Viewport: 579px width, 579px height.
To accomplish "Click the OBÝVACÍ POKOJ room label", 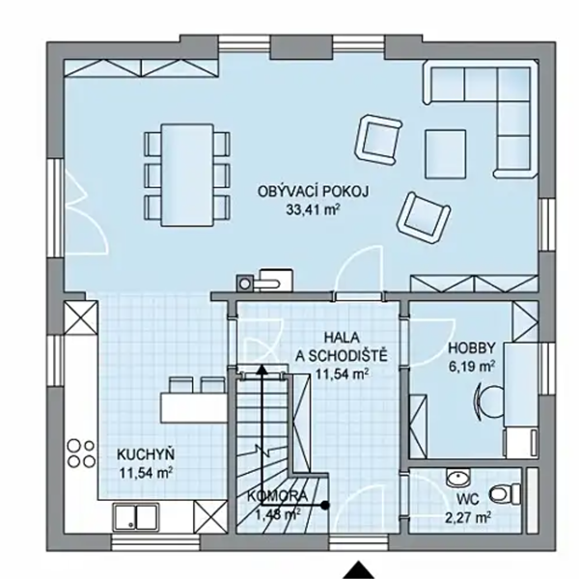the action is (313, 192).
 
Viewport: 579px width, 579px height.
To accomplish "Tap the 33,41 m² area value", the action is (313, 209).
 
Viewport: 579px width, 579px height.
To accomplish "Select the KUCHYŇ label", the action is (146, 455).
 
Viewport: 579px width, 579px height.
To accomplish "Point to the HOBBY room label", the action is (472, 348).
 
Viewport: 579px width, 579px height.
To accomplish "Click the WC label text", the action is (468, 500).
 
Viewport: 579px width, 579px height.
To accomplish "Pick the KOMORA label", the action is (277, 496).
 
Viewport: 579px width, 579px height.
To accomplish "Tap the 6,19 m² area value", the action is (472, 367).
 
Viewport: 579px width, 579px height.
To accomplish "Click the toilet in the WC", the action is (505, 494).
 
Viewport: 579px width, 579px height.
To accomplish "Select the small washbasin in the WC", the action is (457, 478).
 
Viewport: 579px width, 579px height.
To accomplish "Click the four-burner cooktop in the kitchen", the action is (81, 454).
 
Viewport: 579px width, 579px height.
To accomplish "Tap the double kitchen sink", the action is (136, 516).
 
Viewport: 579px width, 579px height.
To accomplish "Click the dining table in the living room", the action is (187, 175).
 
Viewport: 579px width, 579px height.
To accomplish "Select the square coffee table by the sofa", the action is (445, 154).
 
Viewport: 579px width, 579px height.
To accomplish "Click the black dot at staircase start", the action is (324, 505).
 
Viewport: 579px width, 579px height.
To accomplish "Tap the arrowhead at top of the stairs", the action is (262, 369).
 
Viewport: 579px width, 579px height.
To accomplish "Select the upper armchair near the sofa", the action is (378, 139).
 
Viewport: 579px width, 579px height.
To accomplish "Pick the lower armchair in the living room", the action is (424, 217).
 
